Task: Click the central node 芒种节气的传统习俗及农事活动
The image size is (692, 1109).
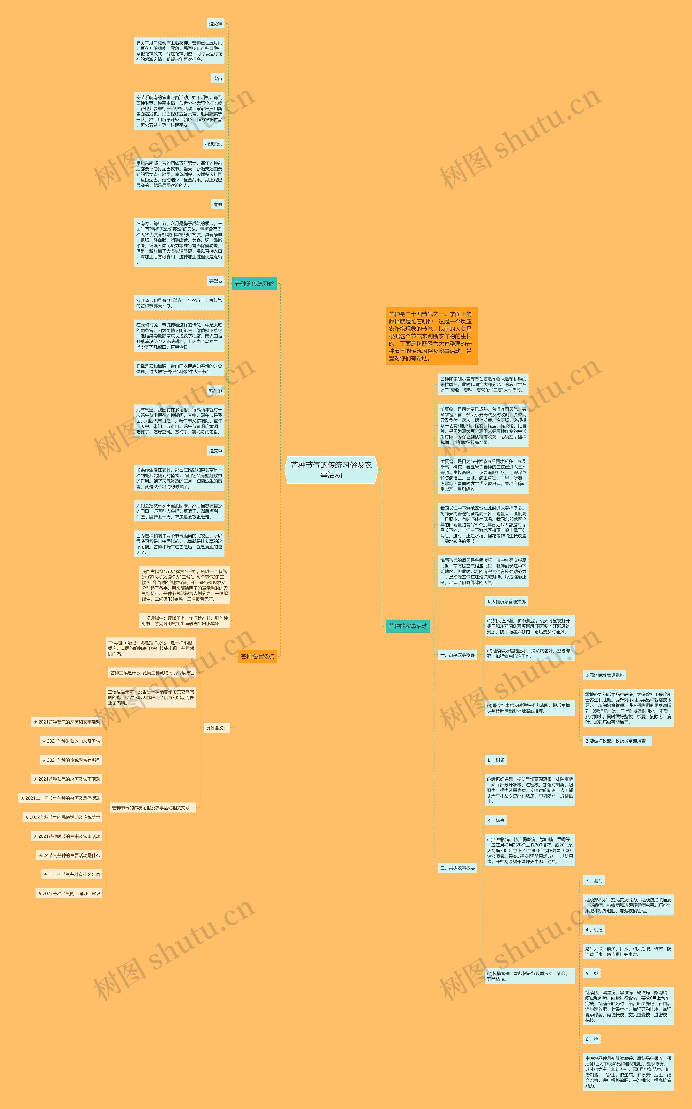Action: pyautogui.click(x=331, y=470)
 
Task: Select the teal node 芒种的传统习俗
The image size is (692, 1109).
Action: pyautogui.click(x=254, y=283)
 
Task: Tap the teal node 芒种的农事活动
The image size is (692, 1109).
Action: pyautogui.click(x=408, y=626)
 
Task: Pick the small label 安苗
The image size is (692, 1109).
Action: pyautogui.click(x=218, y=78)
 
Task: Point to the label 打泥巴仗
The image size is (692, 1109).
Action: pyautogui.click(x=213, y=144)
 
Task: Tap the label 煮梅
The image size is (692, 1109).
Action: pyautogui.click(x=218, y=204)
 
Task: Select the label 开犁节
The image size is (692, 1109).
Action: pyautogui.click(x=215, y=281)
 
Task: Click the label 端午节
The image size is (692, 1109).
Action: pyautogui.click(x=215, y=390)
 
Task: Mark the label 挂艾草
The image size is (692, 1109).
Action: pyautogui.click(x=215, y=451)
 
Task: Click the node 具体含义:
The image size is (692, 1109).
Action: pyautogui.click(x=215, y=728)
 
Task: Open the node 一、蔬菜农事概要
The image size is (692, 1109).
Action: pyautogui.click(x=457, y=655)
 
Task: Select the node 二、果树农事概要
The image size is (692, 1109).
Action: pyautogui.click(x=457, y=868)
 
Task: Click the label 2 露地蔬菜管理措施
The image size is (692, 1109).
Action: pyautogui.click(x=605, y=675)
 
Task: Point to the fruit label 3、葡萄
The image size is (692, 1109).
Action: pyautogui.click(x=594, y=880)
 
